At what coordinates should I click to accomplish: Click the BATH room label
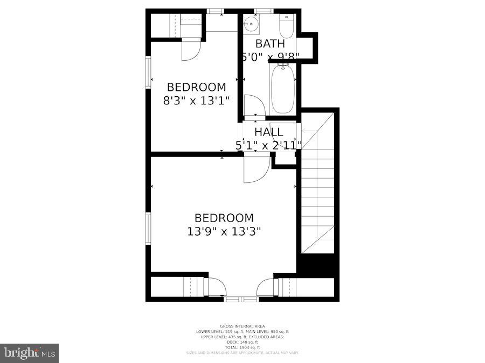270,44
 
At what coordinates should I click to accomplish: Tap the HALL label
268,132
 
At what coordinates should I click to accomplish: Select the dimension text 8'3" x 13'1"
196,100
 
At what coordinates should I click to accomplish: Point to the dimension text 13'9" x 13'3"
224,231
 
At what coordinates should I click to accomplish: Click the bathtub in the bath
282,89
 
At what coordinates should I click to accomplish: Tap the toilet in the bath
286,26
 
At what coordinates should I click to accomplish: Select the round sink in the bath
251,24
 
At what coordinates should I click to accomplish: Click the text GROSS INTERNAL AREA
242,326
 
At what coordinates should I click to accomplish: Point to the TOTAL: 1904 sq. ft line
242,347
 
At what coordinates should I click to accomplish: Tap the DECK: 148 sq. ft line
242,342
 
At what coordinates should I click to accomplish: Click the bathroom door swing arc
253,105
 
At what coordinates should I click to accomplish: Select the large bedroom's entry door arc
255,168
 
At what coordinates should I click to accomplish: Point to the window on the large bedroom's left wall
148,228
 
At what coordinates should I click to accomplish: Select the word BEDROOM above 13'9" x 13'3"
224,218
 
